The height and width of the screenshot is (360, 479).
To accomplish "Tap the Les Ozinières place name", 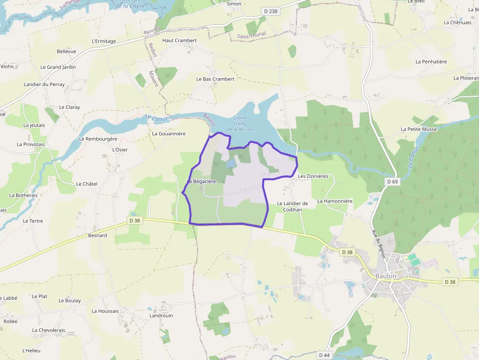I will [313, 176].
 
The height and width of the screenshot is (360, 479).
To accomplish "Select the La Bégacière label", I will [201, 181].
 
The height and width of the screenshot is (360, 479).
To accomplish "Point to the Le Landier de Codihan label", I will [292, 207].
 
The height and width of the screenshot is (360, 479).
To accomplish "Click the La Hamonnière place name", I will [335, 201].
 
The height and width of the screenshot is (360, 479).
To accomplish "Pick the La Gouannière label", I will [169, 133].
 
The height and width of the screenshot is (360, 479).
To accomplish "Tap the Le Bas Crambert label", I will [215, 79].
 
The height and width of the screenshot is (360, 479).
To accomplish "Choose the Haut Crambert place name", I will [179, 41].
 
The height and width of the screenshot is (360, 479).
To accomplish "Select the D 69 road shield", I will [392, 182].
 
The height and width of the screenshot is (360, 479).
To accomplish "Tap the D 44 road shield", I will [324, 355].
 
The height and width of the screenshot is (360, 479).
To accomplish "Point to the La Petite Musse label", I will [419, 129].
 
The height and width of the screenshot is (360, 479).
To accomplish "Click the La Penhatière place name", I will [431, 62].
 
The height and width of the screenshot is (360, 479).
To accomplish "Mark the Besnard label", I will [97, 235].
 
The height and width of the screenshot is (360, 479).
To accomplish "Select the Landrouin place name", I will [161, 316].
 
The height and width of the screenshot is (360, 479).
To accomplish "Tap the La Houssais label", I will [105, 311].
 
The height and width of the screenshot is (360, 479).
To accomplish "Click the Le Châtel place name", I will [87, 184].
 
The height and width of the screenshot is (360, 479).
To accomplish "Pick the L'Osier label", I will [120, 149].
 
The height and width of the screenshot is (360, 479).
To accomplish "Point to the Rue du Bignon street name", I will [378, 244].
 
